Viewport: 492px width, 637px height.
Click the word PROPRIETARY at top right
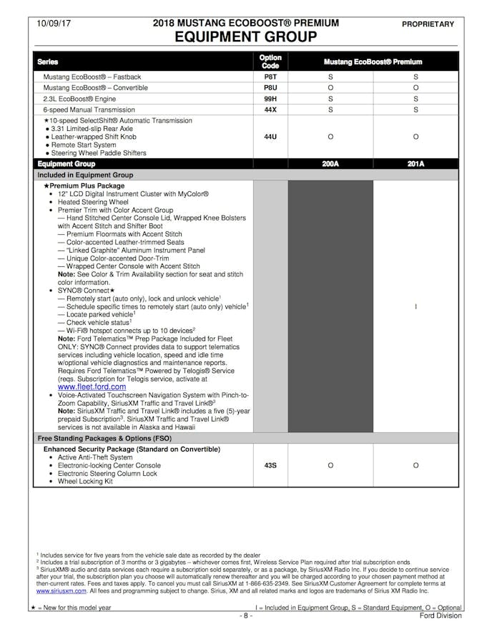428,24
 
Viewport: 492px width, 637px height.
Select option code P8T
270,77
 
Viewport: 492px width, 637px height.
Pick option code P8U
270,87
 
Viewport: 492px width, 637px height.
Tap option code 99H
270,99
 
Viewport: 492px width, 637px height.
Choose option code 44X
270,110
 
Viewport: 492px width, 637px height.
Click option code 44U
270,137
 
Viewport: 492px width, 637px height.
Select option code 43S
270,465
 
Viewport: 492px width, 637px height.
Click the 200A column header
330,164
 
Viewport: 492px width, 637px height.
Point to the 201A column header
415,164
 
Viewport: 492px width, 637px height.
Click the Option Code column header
270,62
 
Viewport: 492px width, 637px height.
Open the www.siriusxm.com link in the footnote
59,591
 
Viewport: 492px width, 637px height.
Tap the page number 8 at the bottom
245,616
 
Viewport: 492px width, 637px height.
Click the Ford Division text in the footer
441,616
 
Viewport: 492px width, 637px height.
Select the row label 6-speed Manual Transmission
89,110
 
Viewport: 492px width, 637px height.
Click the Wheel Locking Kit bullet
85,482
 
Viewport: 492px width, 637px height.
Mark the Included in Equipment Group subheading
85,175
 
